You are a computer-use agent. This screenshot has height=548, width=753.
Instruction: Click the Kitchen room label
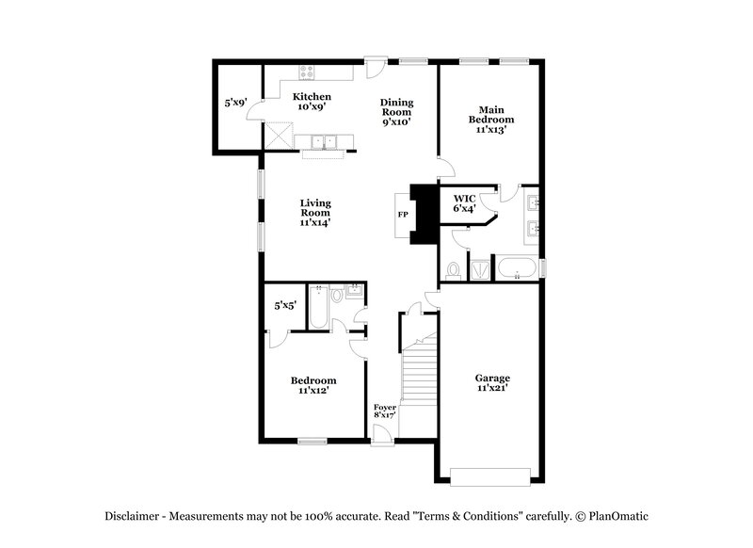point(311,102)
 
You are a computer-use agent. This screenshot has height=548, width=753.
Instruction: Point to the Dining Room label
point(396,111)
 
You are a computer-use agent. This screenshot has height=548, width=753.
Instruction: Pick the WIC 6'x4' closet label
point(464,202)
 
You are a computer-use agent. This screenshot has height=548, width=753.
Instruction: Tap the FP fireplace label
point(402,215)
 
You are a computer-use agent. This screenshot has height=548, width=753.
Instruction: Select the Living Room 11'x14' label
point(315,213)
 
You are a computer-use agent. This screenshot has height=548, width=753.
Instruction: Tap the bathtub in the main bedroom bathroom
point(516,270)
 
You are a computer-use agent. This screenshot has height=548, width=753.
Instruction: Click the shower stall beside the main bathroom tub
point(479,270)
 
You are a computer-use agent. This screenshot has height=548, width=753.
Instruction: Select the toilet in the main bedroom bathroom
point(453,271)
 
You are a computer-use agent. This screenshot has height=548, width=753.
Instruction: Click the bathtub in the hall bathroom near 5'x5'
point(316,308)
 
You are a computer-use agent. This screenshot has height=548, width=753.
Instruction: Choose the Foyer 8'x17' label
point(385,411)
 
